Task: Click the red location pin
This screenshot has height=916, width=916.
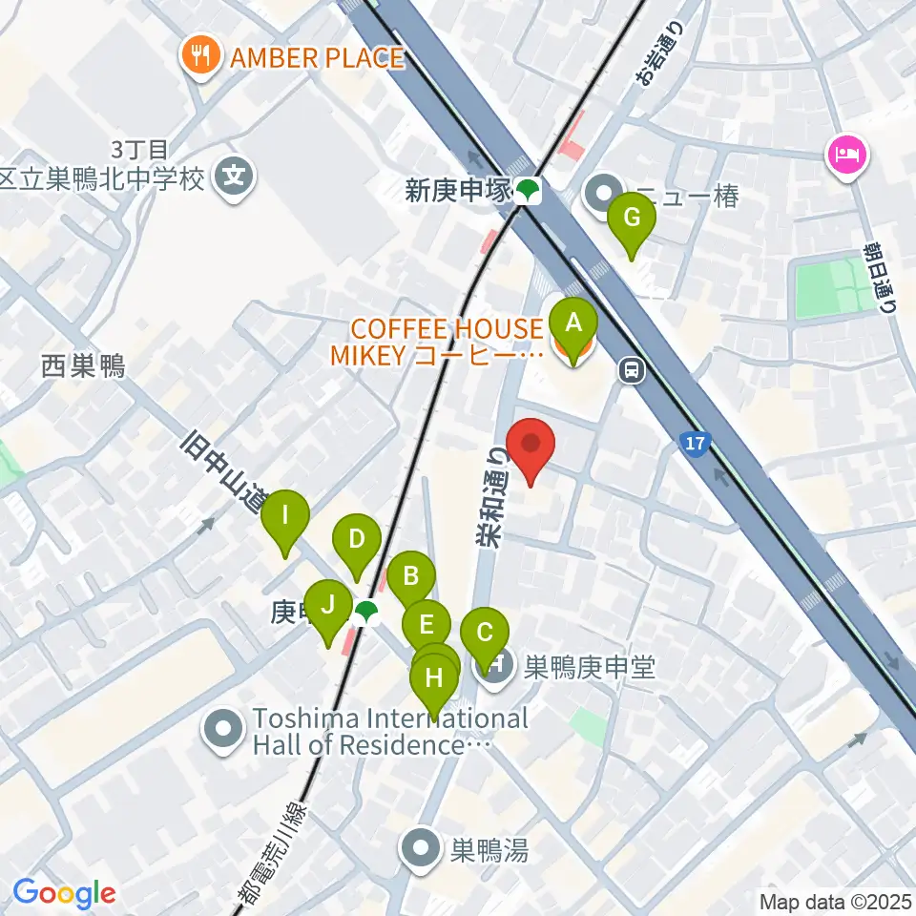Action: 530,447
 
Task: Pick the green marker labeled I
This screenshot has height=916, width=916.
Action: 285,521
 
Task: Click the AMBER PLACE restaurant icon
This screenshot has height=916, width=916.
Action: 200,57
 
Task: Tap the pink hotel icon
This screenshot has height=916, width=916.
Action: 847,153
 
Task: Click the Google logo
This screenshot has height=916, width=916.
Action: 64,893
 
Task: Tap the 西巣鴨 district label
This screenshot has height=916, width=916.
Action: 83,364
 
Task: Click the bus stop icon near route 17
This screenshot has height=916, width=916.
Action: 630,369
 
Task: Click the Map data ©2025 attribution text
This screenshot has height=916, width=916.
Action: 836,901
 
